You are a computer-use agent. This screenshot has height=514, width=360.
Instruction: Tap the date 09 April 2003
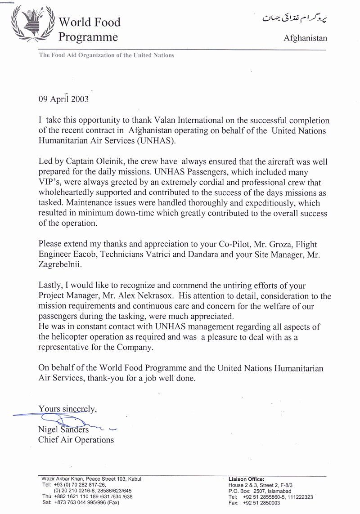coord(63,99)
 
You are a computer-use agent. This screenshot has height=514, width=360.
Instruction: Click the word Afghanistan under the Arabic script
coord(305,38)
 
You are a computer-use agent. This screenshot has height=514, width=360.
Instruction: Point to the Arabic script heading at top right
coord(294,18)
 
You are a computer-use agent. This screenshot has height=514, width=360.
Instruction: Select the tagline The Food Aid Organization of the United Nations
coord(107,55)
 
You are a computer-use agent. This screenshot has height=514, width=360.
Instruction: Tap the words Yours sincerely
coord(67,408)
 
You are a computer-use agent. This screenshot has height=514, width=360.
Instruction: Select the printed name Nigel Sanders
coord(63,429)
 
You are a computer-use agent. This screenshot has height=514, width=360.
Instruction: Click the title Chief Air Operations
coord(76,440)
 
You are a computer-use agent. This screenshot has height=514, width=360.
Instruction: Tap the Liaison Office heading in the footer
coord(246,479)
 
